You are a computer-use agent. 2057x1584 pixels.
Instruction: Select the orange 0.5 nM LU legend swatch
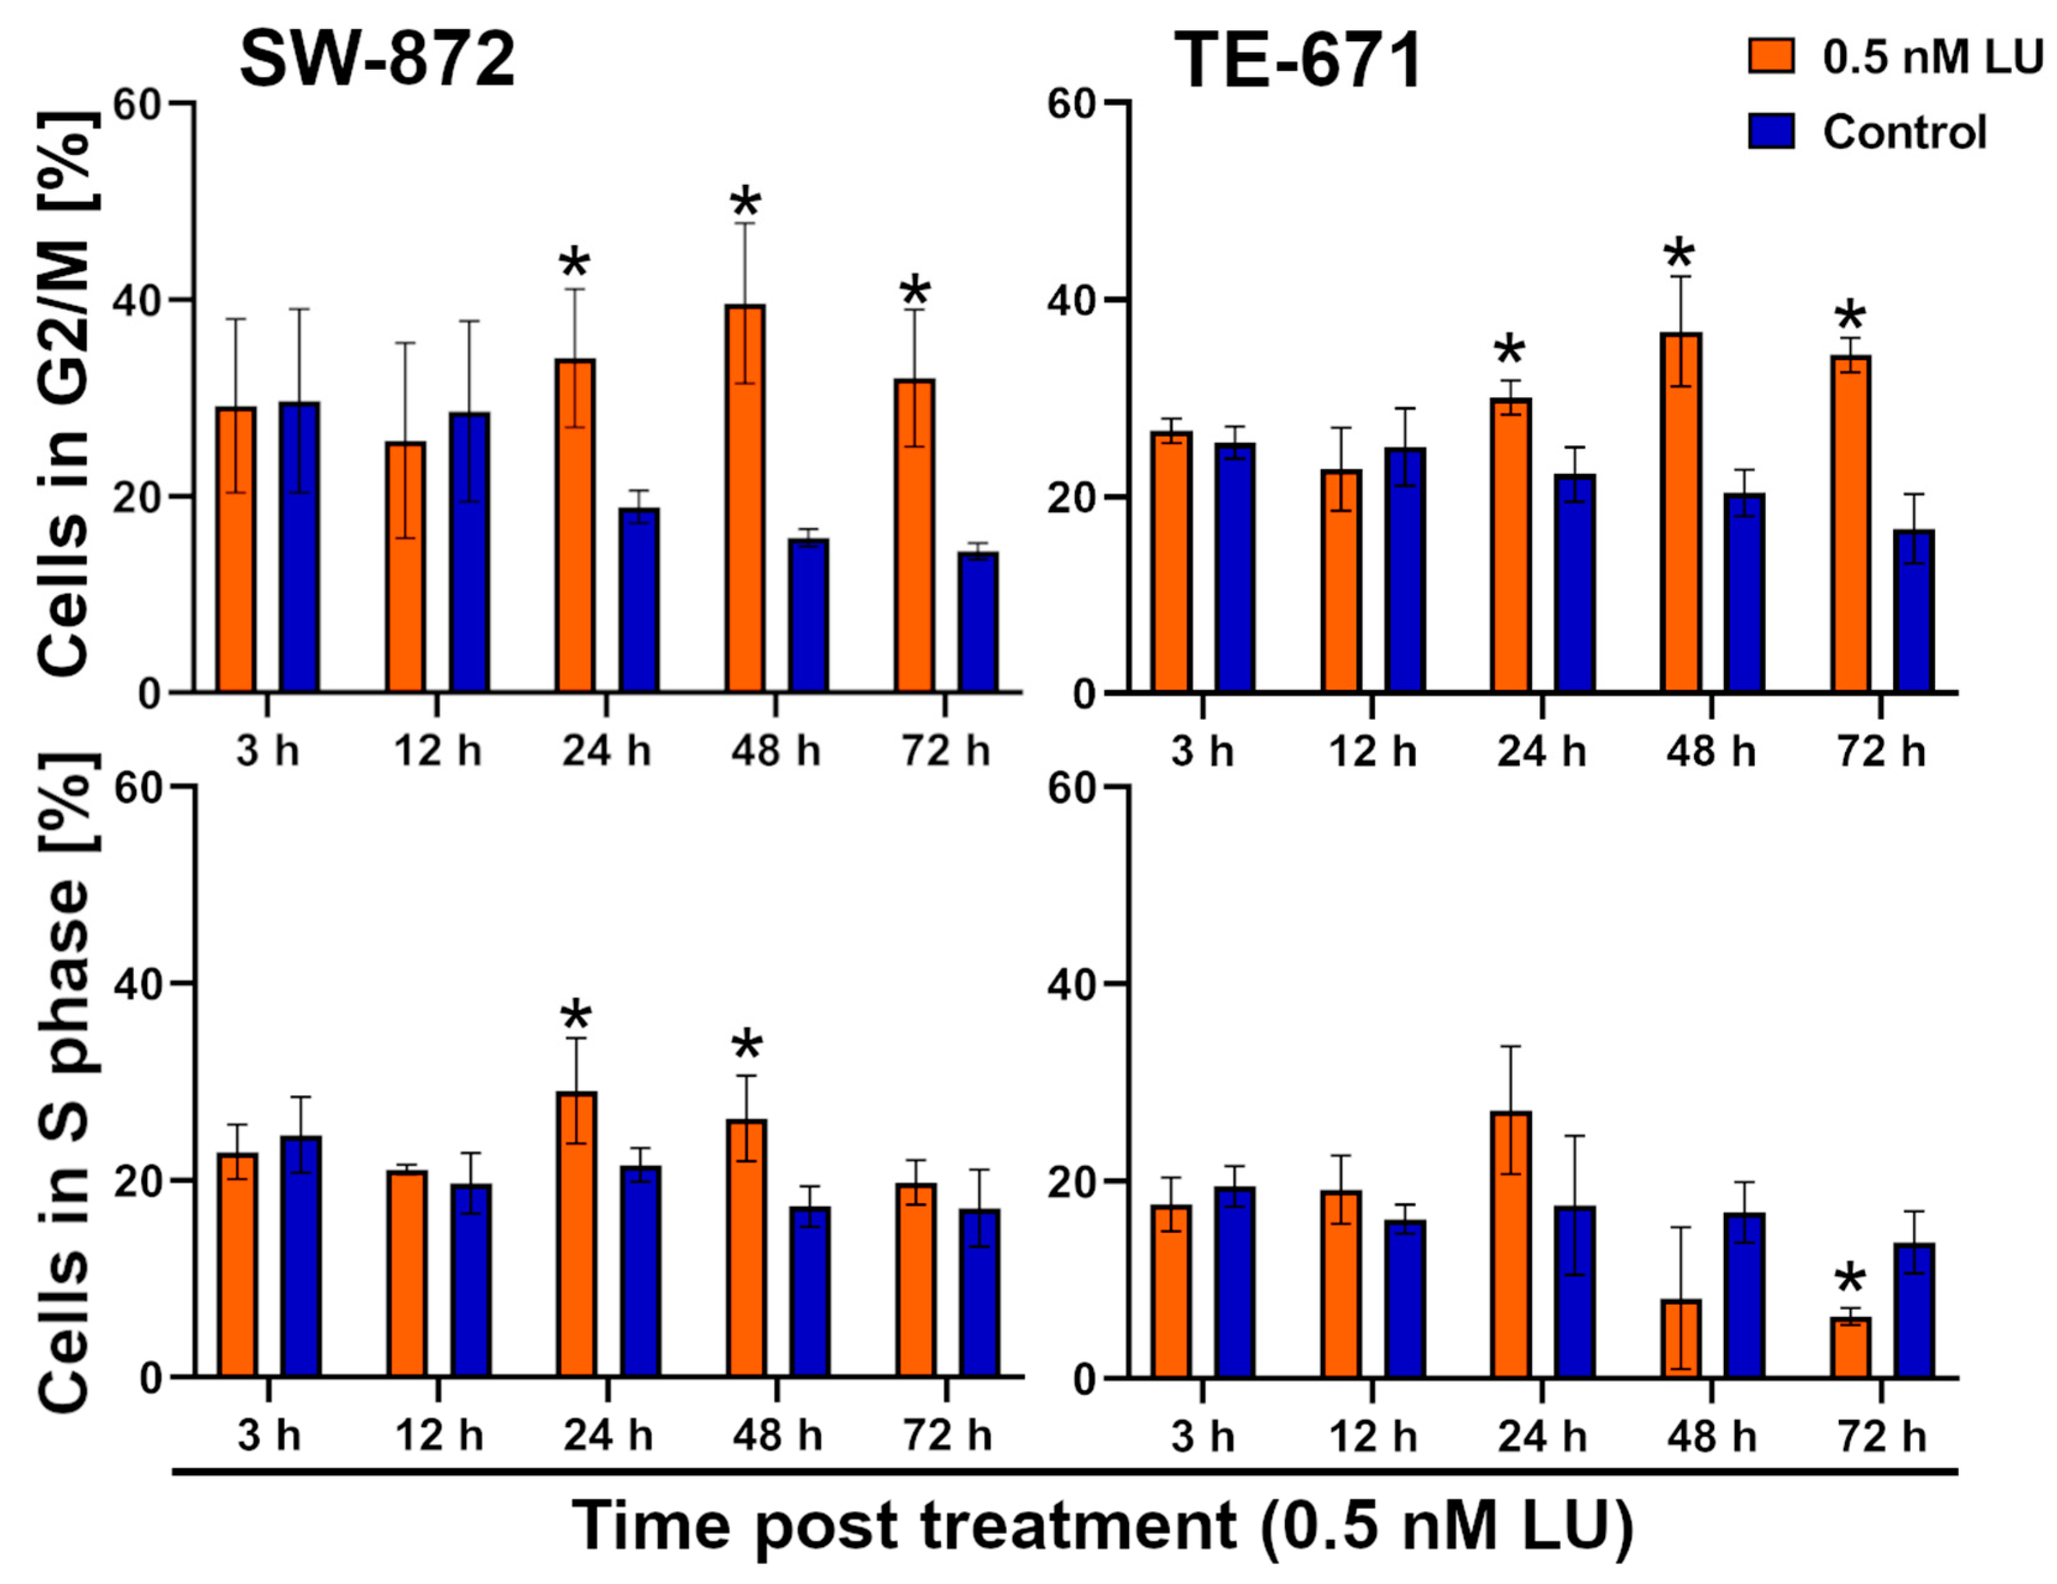pyautogui.click(x=1771, y=56)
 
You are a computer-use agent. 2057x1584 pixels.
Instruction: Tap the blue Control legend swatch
pyautogui.click(x=1771, y=131)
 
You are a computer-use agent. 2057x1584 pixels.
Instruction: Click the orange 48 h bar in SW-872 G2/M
pyautogui.click(x=745, y=499)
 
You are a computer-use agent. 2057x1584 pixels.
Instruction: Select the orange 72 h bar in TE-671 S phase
pyautogui.click(x=1851, y=1348)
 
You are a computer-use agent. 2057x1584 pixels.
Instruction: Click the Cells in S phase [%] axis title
pyautogui.click(x=66, y=1083)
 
